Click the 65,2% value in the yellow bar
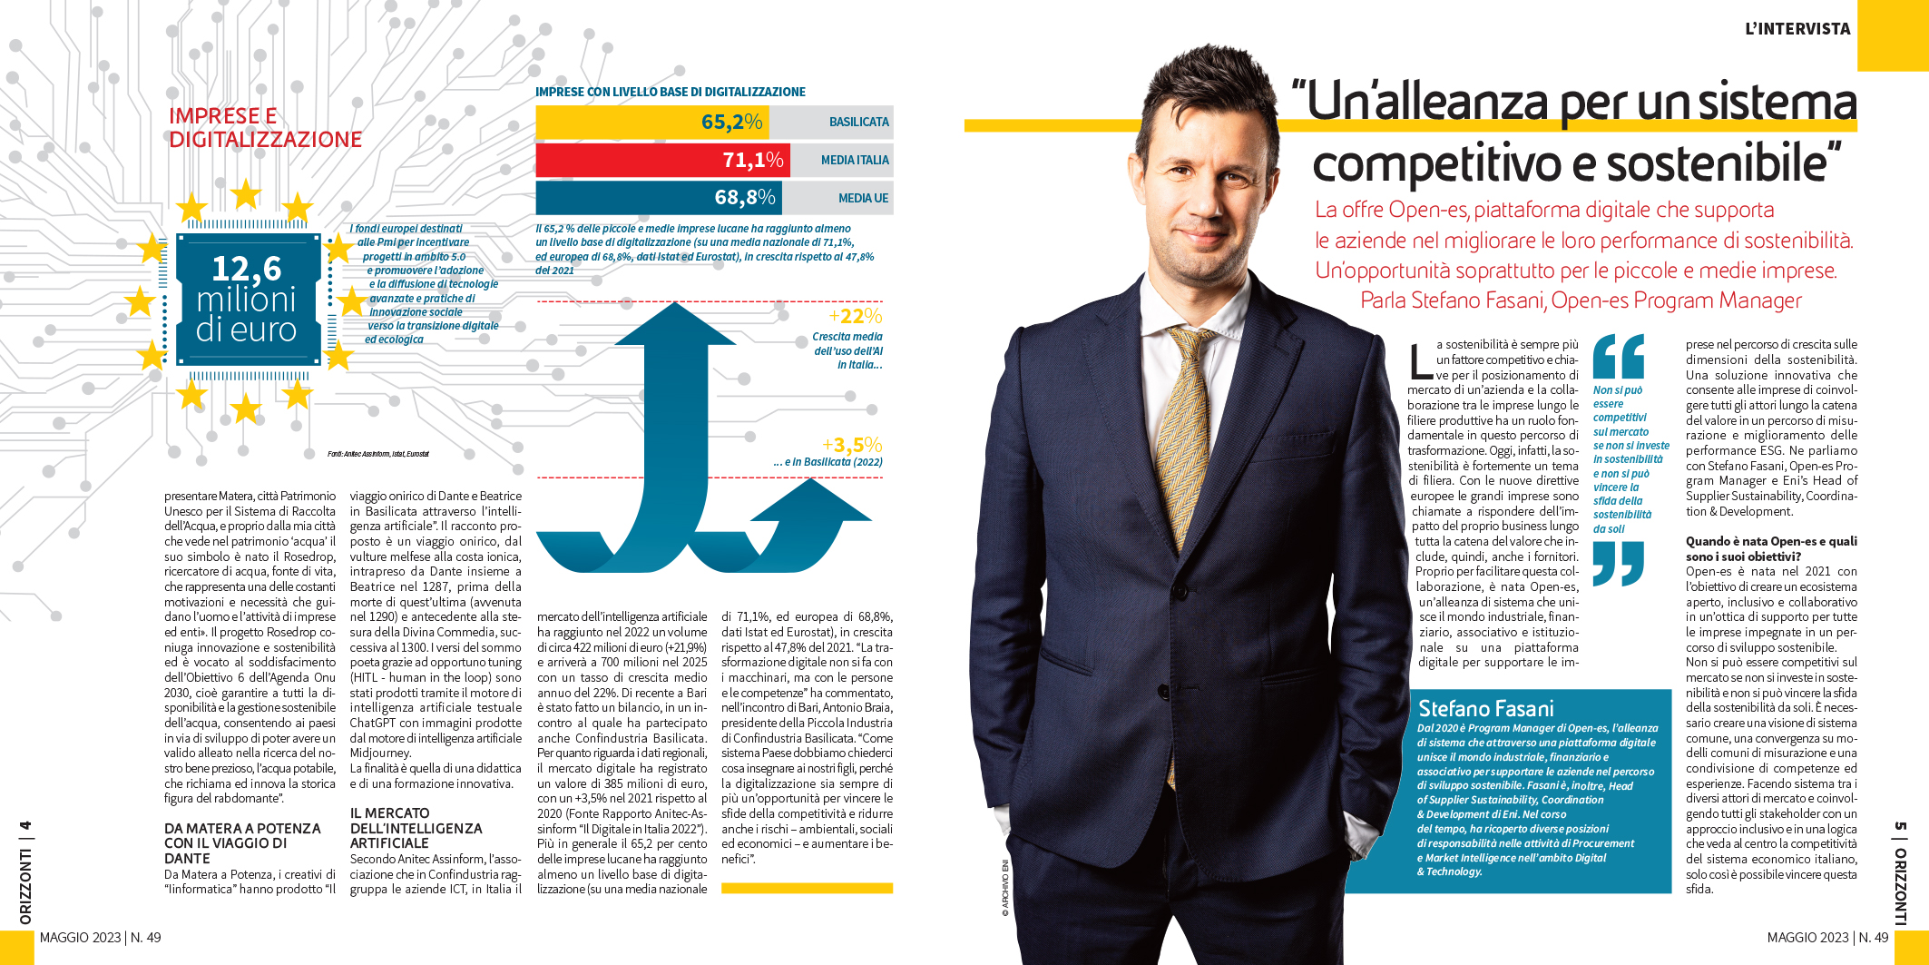coord(730,122)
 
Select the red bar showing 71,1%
coord(662,160)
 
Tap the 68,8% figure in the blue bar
coord(744,197)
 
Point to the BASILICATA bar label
coord(858,122)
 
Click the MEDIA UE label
coord(863,198)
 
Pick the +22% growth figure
coord(855,316)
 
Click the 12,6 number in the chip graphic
coord(246,269)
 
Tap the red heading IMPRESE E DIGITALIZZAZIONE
coord(265,128)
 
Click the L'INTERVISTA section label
coord(1797,29)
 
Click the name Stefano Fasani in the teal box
coord(1485,709)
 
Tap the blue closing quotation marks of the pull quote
coord(1618,563)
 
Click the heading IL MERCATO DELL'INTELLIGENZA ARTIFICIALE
coord(416,828)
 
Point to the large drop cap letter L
coord(1420,360)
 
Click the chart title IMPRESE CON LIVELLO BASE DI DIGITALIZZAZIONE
coord(670,92)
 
